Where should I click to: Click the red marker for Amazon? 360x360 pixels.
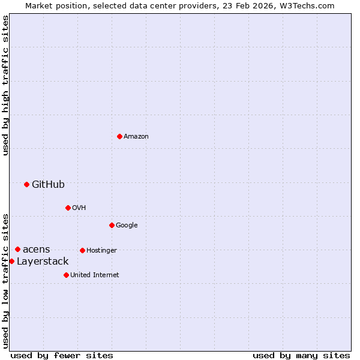tap(119, 136)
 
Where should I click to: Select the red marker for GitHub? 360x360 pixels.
tap(26, 184)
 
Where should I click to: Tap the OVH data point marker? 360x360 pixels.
tap(68, 208)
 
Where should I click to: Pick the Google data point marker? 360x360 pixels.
tap(112, 225)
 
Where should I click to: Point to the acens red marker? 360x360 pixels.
tap(17, 249)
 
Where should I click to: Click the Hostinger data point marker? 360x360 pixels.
tap(82, 250)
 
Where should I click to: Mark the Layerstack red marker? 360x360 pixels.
tap(11, 261)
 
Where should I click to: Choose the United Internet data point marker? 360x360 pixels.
tap(66, 275)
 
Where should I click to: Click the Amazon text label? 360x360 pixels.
tap(136, 136)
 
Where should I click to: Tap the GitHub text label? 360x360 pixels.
tap(48, 184)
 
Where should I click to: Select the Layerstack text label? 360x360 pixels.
tap(43, 261)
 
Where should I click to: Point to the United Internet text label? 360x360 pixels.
tap(95, 275)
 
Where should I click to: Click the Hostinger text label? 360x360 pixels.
tap(101, 250)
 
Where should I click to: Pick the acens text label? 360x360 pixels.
tap(37, 249)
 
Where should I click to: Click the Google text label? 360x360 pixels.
tap(127, 225)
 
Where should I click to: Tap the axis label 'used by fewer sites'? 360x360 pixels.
tap(62, 355)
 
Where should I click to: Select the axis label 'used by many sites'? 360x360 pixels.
tap(301, 355)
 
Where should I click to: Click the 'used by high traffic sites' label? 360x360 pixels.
tap(5, 85)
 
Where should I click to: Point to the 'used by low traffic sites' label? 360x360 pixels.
tap(5, 281)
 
